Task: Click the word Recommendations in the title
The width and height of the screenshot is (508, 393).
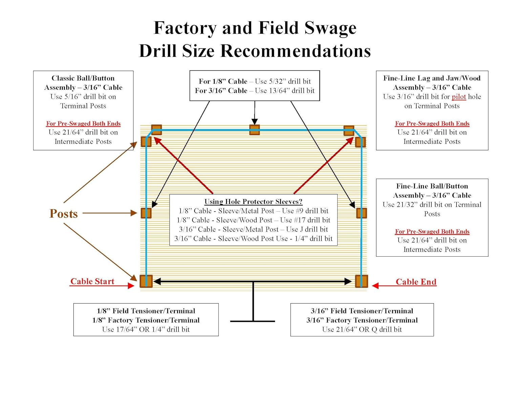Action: coord(296,51)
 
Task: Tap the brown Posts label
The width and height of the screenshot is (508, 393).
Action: coord(64,214)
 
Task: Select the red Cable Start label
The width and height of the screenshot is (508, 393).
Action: coord(92,281)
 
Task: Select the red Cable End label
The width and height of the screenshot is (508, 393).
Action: coord(416,281)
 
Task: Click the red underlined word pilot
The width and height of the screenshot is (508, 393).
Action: coord(459,97)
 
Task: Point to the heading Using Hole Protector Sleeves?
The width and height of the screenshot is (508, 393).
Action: coord(253,201)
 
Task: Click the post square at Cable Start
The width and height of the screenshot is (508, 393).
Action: coord(146,281)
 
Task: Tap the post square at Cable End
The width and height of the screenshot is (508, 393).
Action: coord(361,281)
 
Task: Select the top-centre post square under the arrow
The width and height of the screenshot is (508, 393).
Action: coord(255,130)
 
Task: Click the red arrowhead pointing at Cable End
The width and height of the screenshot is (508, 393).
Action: coord(375,286)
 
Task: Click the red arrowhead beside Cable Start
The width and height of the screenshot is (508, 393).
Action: coord(131,286)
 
